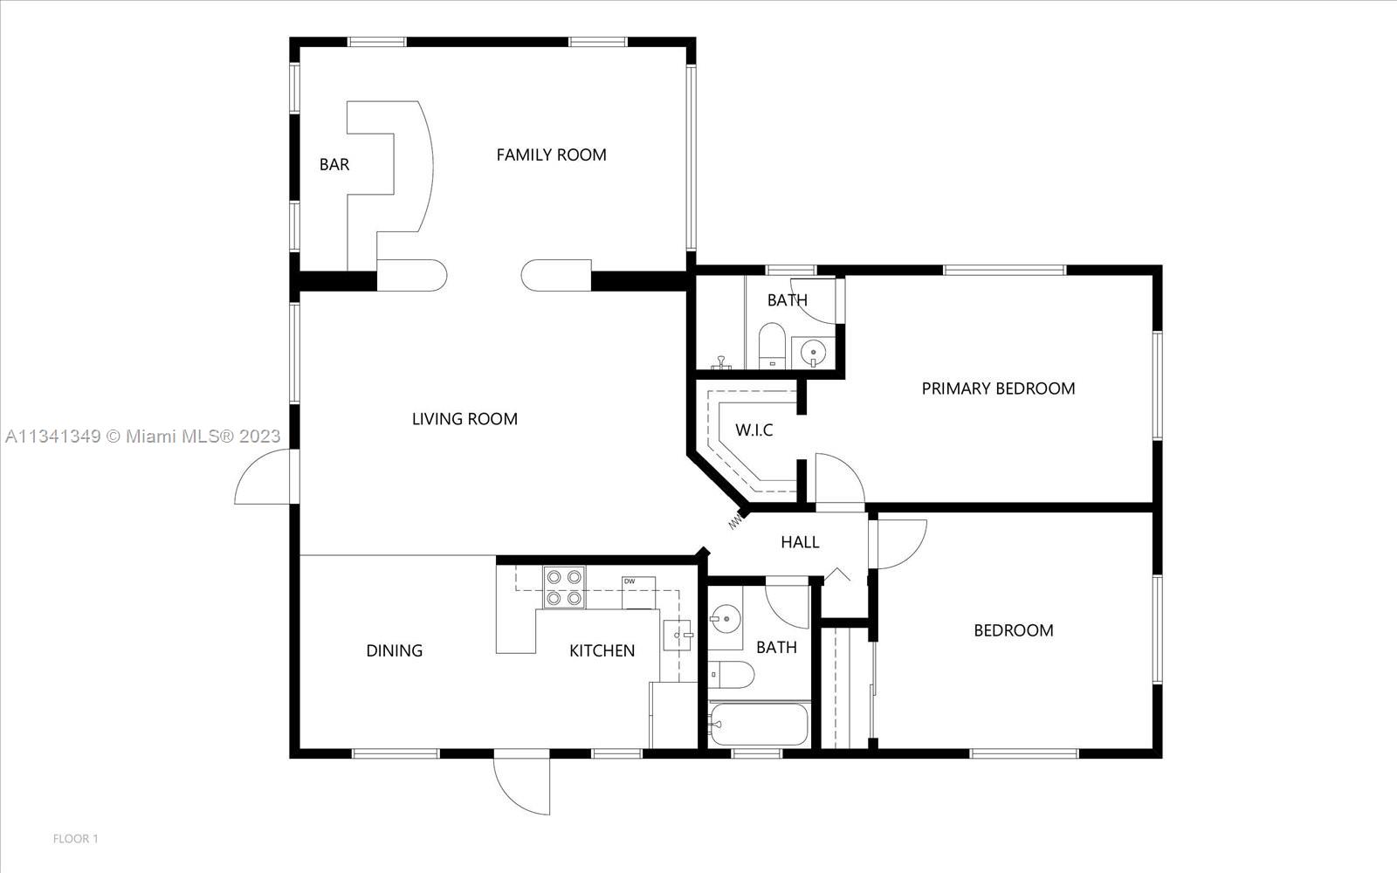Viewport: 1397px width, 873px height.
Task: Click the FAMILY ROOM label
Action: (x=551, y=155)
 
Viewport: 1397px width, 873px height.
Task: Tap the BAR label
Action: (x=334, y=165)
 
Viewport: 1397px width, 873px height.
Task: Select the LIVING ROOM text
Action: (x=465, y=419)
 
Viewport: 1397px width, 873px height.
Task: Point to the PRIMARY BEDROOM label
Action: (x=999, y=388)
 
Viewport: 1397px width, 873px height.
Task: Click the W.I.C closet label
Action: (x=754, y=430)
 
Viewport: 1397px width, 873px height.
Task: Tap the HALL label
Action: (x=800, y=542)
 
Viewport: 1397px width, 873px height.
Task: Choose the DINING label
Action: (x=394, y=650)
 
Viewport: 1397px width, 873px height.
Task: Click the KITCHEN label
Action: (x=602, y=650)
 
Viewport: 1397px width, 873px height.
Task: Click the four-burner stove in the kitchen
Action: (x=564, y=588)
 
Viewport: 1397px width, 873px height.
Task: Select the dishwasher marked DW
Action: (x=638, y=593)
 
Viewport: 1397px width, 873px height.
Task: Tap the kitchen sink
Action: (x=677, y=636)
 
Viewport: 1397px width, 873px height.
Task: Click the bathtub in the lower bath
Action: (x=759, y=725)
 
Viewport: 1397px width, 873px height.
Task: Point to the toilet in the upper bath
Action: (x=772, y=346)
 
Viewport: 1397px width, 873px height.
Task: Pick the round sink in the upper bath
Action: (x=813, y=353)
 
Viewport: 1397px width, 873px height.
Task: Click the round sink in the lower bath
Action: (x=725, y=619)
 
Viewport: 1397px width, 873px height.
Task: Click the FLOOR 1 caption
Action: (x=75, y=839)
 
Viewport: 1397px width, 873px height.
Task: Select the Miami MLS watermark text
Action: (x=143, y=436)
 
